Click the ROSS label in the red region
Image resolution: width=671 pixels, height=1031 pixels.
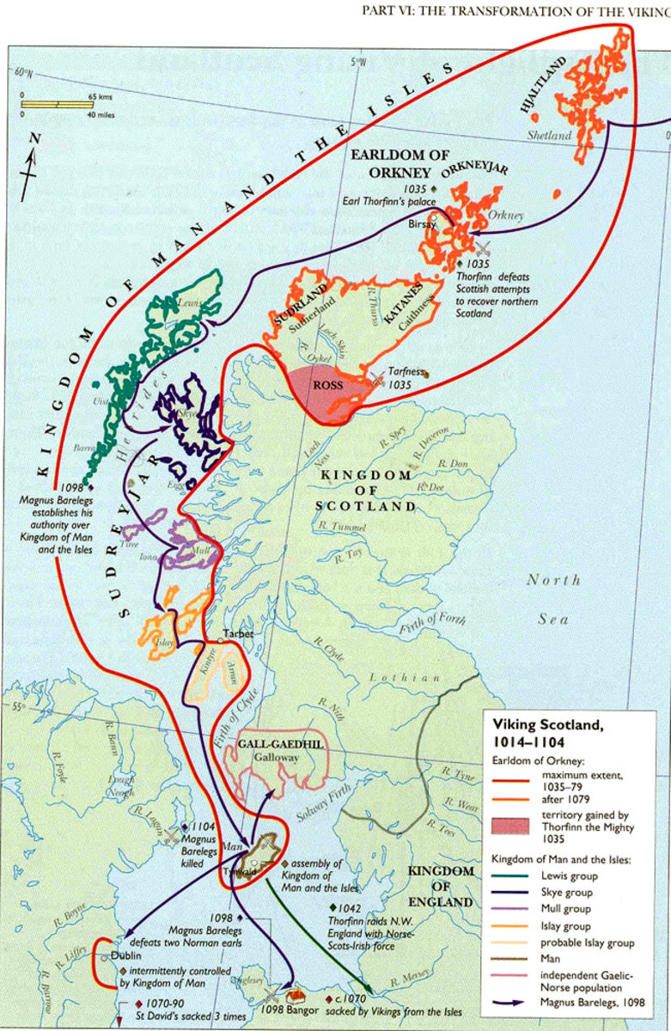[328, 386]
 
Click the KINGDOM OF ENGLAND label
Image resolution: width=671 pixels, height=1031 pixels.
[441, 887]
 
